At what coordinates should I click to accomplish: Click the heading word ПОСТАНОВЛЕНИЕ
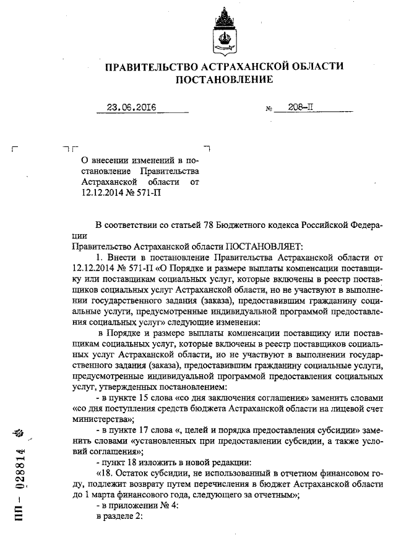coord(223,79)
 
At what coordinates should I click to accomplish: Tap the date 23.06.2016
coord(131,107)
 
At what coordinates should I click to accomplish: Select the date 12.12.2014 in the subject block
coord(102,193)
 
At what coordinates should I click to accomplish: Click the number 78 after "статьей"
coord(201,225)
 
